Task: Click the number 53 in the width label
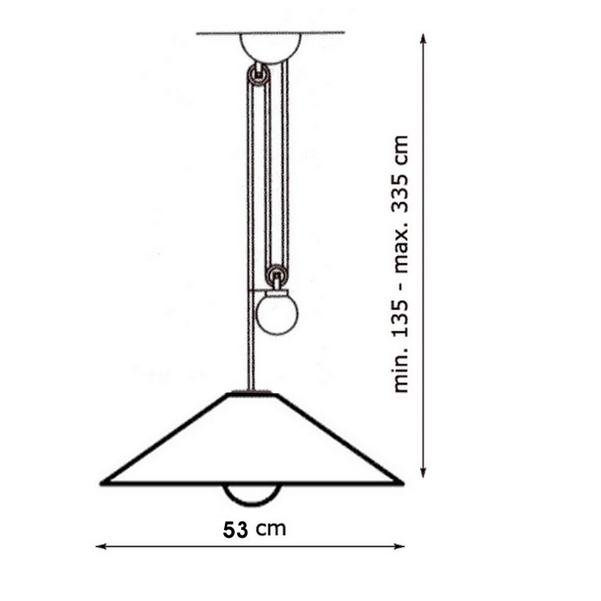[236, 530]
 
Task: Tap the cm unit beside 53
[272, 529]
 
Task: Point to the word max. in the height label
[401, 248]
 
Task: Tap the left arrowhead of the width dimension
[101, 546]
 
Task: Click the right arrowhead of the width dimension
[400, 546]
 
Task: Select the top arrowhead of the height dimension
[423, 39]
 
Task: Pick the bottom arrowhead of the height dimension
[423, 472]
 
